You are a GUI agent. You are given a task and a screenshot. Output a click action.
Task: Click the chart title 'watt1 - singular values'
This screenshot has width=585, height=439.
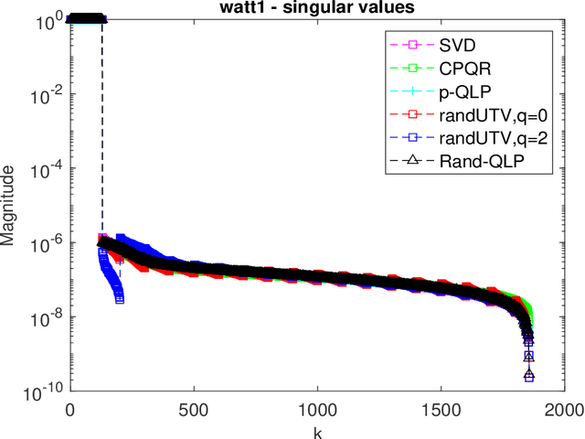pos(317,7)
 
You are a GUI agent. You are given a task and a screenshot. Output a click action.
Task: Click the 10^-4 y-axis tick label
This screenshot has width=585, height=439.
pos(46,168)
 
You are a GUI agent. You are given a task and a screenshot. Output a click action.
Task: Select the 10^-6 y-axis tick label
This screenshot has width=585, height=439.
pos(46,243)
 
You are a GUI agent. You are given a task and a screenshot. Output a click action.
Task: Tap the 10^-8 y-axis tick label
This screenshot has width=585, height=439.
pos(46,318)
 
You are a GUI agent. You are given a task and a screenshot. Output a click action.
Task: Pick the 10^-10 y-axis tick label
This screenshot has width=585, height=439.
pos(44,392)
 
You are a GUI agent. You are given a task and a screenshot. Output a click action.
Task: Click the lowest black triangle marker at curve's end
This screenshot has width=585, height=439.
pos(529,376)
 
